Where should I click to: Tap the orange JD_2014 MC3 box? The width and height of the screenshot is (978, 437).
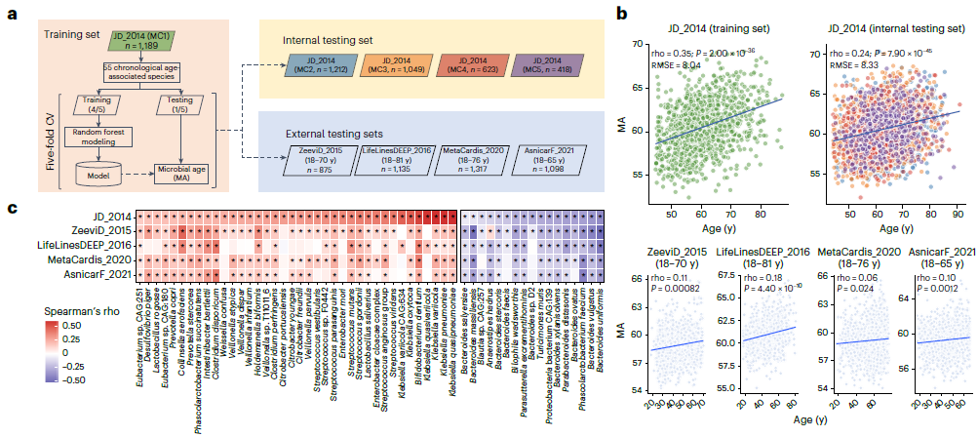pos(398,73)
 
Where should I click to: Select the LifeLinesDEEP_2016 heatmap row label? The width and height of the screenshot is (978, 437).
pos(80,245)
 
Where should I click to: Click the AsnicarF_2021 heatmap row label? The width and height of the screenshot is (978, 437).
pos(92,274)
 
